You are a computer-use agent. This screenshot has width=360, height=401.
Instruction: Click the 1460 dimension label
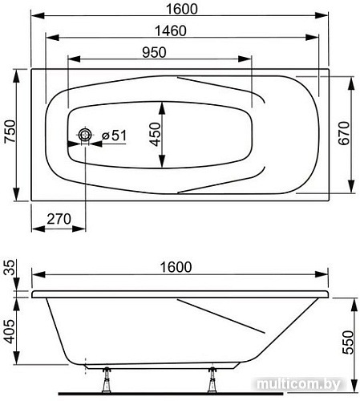click(171, 31)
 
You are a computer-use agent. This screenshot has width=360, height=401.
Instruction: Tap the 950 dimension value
click(154, 52)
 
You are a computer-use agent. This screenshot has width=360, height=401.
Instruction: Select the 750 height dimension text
click(10, 132)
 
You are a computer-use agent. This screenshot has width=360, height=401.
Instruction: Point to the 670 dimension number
click(343, 133)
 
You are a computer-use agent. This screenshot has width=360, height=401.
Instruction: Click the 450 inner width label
click(155, 135)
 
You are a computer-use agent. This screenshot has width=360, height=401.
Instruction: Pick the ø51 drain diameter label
click(114, 136)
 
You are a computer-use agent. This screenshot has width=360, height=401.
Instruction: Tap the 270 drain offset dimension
click(59, 219)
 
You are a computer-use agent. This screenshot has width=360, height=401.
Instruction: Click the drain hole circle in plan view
click(85, 135)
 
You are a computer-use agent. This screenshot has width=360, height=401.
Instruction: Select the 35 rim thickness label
click(10, 267)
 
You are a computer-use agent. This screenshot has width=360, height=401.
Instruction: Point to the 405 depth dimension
click(10, 331)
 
